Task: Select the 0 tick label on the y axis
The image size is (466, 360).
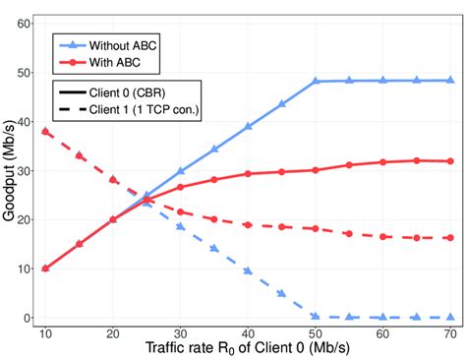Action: pyautogui.click(x=26, y=319)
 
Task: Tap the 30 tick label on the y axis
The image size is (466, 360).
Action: pyautogui.click(x=22, y=170)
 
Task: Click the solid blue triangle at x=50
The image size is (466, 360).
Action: pyautogui.click(x=316, y=81)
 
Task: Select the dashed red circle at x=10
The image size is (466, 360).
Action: pyautogui.click(x=44, y=131)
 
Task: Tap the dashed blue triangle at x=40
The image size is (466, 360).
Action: pyautogui.click(x=248, y=270)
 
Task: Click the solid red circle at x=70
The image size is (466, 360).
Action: pyautogui.click(x=450, y=161)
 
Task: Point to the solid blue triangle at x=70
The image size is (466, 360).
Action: pyautogui.click(x=450, y=80)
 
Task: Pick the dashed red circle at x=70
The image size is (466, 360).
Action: pyautogui.click(x=450, y=238)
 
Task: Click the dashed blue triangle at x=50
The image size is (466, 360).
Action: pyautogui.click(x=316, y=317)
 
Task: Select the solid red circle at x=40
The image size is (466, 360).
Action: pyautogui.click(x=248, y=174)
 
